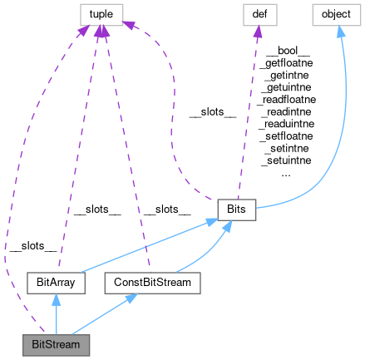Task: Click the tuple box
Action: click(x=101, y=13)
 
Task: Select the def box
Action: click(x=259, y=13)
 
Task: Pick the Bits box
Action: click(x=236, y=210)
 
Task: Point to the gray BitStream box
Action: click(x=57, y=342)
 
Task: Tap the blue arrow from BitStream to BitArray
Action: click(x=57, y=316)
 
